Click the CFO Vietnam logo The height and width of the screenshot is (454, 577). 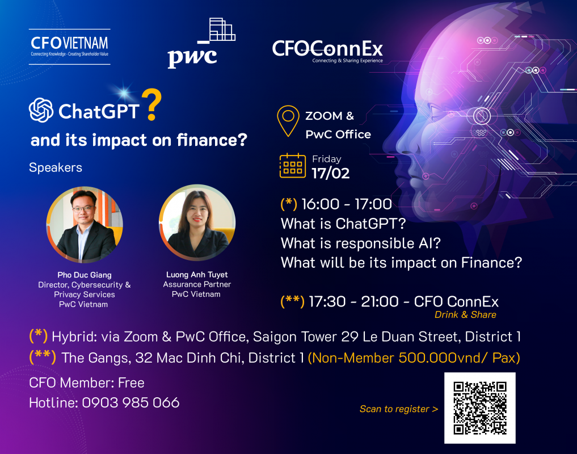tap(70, 47)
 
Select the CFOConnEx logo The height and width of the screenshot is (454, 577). tap(327, 52)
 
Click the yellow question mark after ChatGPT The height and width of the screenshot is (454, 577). tap(151, 105)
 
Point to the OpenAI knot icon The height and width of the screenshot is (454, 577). tap(41, 110)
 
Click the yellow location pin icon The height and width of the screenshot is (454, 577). tap(288, 121)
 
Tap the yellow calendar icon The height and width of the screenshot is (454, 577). tap(293, 166)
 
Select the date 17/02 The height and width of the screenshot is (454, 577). tap(330, 174)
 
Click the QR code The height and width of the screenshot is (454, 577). tap(480, 408)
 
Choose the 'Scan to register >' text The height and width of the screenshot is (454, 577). tap(399, 409)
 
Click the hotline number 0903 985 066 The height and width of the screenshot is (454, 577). tap(130, 402)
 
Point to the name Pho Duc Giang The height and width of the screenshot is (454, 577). tap(85, 275)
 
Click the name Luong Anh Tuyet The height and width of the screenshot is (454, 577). tap(197, 274)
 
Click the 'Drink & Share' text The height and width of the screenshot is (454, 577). tap(465, 315)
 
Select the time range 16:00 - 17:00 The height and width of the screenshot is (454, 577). tap(347, 204)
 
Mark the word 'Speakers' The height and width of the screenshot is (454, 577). tap(56, 167)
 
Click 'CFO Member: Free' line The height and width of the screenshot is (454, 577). tap(86, 382)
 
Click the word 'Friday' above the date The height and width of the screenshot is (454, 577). tap(327, 159)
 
